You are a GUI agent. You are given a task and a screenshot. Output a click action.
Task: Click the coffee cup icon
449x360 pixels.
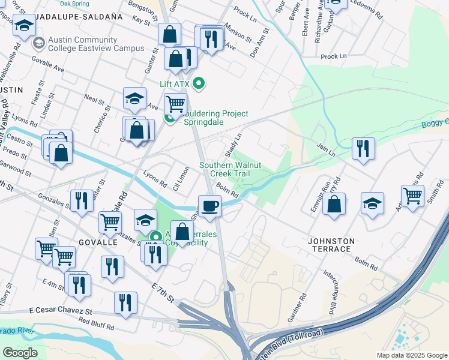pos(209,206)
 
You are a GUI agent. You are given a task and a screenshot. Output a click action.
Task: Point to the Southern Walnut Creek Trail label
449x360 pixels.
pos(232,169)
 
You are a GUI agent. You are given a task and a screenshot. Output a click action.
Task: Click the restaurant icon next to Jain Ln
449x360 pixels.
pos(363,148)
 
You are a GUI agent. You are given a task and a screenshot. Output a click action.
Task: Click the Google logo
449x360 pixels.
pos(20,352)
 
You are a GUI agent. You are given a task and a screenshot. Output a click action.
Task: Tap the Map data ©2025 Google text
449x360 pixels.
pos(411,355)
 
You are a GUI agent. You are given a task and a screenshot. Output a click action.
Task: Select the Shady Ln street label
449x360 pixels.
pos(232,143)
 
